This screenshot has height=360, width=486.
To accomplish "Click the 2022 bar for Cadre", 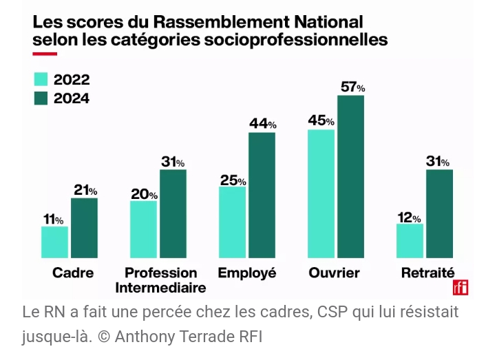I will [x=54, y=242].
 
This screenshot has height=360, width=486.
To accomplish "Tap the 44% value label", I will [x=262, y=124].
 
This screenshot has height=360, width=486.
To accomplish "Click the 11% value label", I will [x=54, y=219].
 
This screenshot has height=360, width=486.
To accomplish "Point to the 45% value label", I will [x=321, y=120].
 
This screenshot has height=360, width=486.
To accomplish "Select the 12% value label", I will [x=409, y=217].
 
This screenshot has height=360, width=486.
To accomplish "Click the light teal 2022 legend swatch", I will [x=41, y=79].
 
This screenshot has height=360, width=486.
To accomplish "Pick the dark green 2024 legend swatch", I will [x=41, y=98].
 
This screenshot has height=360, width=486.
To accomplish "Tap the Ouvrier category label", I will [x=335, y=273].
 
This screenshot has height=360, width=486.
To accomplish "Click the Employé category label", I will [x=246, y=273].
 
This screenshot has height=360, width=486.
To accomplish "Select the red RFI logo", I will [x=460, y=288].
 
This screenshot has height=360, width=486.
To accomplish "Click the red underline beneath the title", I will [x=44, y=53].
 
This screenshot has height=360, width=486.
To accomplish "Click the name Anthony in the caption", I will [x=141, y=337].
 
